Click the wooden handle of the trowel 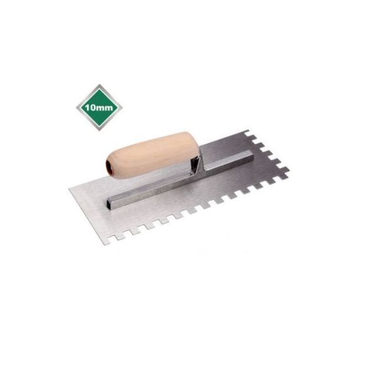152,155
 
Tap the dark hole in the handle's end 109,166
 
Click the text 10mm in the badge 99,107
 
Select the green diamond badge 99,107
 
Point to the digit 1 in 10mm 87,107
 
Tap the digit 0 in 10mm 92,107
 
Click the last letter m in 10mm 109,109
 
